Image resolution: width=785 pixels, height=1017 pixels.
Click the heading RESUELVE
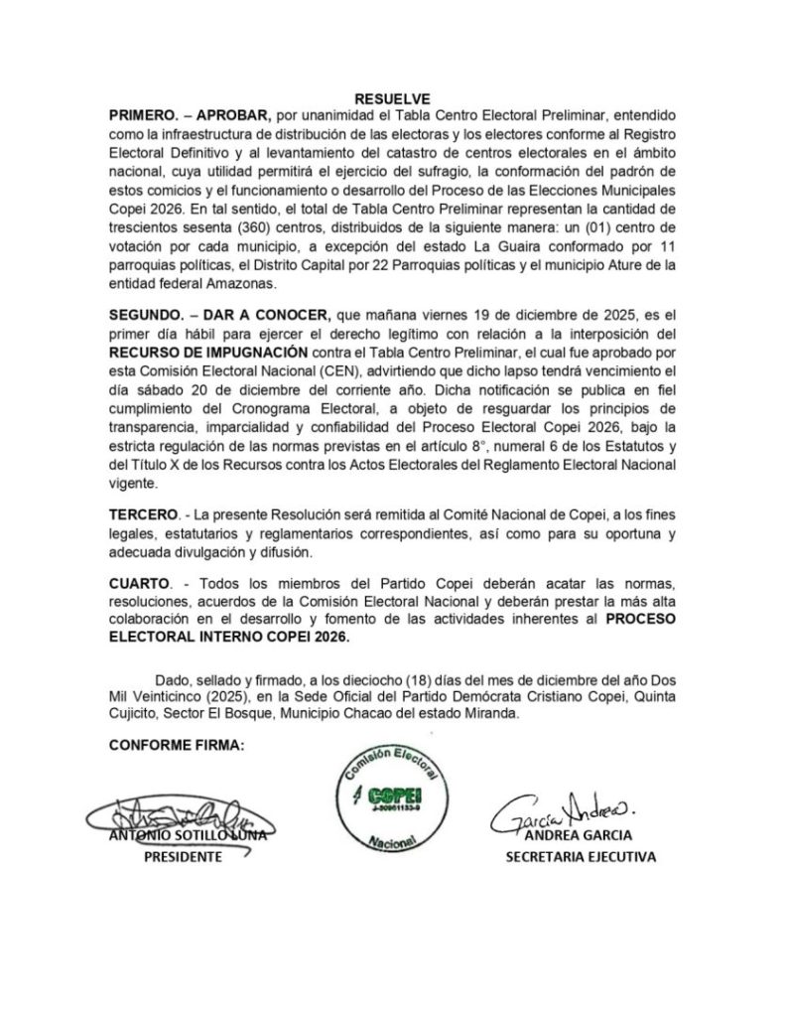392,98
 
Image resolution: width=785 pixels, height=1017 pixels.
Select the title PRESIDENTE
179,855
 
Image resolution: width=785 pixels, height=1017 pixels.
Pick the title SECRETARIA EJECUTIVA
580,855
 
